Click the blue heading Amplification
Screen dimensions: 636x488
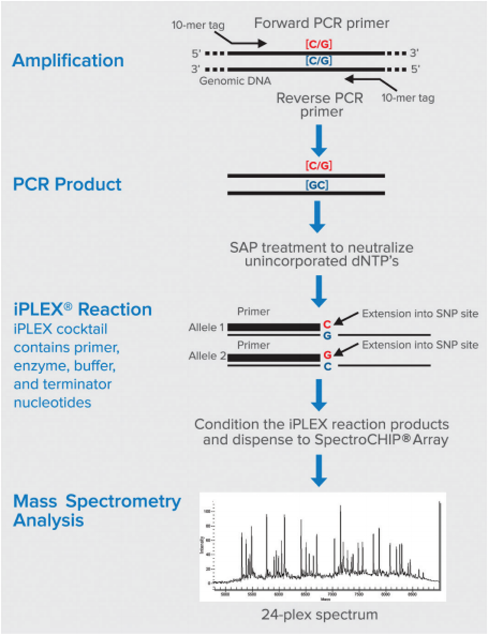[68, 61]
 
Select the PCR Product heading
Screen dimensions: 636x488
[67, 184]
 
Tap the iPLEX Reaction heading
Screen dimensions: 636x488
[82, 310]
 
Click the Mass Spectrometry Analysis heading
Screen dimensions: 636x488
[97, 510]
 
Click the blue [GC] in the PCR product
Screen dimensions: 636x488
[317, 185]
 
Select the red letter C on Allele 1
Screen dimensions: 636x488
[327, 324]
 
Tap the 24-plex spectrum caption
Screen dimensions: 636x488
[319, 615]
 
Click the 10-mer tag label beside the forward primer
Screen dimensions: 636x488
[197, 25]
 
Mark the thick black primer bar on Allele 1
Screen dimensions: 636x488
[274, 327]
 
